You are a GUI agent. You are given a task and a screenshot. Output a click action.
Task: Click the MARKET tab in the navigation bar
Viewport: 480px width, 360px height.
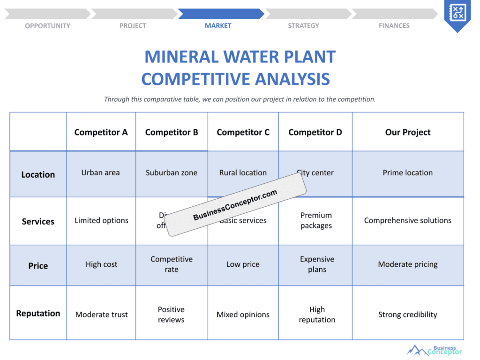[218, 25]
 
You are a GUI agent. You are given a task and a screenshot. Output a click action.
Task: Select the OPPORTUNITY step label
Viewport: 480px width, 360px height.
[47, 25]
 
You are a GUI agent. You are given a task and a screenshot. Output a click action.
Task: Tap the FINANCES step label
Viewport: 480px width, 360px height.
[394, 25]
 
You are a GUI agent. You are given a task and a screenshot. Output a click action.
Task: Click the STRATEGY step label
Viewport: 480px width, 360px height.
[303, 25]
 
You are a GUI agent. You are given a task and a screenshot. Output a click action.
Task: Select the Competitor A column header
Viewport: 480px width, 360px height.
[101, 132]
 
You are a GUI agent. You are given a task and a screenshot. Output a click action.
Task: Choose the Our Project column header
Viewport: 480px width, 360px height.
[408, 132]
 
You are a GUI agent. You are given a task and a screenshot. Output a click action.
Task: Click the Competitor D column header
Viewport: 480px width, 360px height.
[315, 132]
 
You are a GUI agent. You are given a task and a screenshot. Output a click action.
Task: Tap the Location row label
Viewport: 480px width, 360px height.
[38, 174]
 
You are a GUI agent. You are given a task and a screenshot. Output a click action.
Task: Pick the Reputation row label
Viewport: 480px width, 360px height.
[38, 313]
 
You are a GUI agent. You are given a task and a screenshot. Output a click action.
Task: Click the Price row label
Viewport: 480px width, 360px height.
[38, 266]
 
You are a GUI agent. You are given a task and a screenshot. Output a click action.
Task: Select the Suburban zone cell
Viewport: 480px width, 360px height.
[172, 172]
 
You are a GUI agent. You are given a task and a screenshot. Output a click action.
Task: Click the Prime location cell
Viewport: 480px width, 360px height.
[408, 172]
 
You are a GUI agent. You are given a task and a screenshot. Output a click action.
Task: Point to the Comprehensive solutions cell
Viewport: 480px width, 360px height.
[408, 220]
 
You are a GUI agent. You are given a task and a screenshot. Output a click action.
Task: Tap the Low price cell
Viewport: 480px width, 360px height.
[243, 264]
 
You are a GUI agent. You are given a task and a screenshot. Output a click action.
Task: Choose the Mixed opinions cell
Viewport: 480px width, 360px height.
[243, 315]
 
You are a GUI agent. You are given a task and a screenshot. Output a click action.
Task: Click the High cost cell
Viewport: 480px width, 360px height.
[101, 264]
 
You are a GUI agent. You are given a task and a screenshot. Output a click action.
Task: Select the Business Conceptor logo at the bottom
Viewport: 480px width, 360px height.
[435, 350]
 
